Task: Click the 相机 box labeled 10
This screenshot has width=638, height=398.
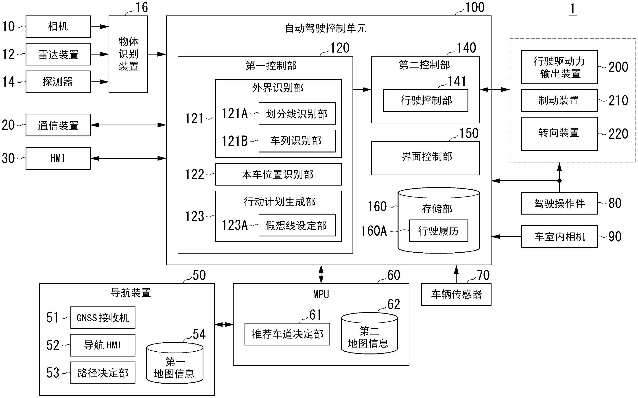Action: (x=58, y=27)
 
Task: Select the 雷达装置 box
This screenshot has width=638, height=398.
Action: (x=58, y=54)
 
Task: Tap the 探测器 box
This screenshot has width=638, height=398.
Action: (x=58, y=82)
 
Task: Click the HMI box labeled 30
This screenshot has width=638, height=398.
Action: (x=58, y=158)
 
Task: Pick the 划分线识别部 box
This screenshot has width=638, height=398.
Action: (x=297, y=114)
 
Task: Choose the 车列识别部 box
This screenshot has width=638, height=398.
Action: (x=297, y=141)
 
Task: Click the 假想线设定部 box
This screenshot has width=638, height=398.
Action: (x=297, y=225)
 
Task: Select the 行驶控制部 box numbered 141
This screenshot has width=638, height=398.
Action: (x=425, y=100)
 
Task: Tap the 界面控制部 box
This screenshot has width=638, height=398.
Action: (x=425, y=158)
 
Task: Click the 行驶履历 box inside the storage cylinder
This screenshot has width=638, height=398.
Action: (x=439, y=231)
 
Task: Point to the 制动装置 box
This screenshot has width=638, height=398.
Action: (x=559, y=100)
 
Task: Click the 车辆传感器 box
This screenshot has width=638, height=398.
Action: (x=456, y=294)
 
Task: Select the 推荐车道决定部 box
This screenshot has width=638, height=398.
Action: (x=287, y=334)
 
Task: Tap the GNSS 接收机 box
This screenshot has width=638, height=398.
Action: (x=103, y=317)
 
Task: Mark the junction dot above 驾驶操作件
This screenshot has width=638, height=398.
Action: (x=559, y=181)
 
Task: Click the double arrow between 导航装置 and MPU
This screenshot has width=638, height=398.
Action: (x=224, y=325)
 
